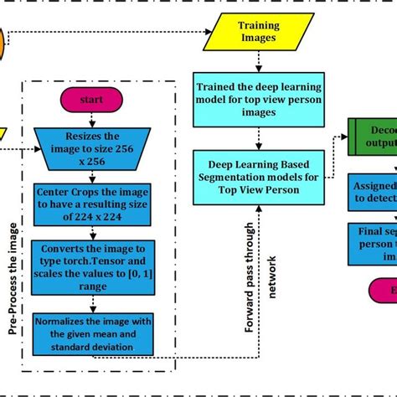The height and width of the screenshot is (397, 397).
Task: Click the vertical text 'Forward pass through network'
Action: tap(259, 268)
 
